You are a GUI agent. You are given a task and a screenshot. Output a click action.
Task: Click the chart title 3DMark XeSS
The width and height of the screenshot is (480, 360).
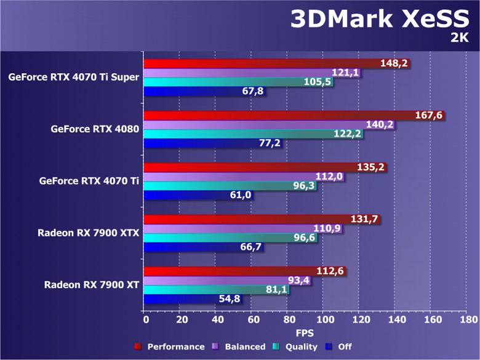click(384, 20)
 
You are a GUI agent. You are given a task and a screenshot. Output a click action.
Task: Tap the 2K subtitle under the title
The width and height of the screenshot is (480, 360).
click(459, 38)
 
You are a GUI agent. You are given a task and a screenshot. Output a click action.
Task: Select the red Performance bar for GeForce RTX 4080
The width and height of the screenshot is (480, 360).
click(277, 115)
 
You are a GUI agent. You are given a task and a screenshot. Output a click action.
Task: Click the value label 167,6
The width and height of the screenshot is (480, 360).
click(431, 115)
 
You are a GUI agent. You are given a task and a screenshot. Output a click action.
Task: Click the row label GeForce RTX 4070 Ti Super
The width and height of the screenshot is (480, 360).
click(74, 78)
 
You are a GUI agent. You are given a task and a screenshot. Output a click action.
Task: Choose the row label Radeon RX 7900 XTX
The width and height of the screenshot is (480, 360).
click(89, 233)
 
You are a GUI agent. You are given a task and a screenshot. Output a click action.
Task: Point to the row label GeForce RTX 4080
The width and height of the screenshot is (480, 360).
click(95, 129)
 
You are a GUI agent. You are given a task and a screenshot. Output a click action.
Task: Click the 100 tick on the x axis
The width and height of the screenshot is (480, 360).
click(324, 320)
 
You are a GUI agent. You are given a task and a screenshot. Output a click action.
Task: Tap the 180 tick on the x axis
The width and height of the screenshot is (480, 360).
click(468, 320)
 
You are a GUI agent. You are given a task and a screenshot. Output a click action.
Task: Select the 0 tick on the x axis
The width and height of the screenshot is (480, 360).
click(145, 320)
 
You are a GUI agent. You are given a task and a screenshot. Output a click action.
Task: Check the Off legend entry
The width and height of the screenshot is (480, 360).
click(345, 346)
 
